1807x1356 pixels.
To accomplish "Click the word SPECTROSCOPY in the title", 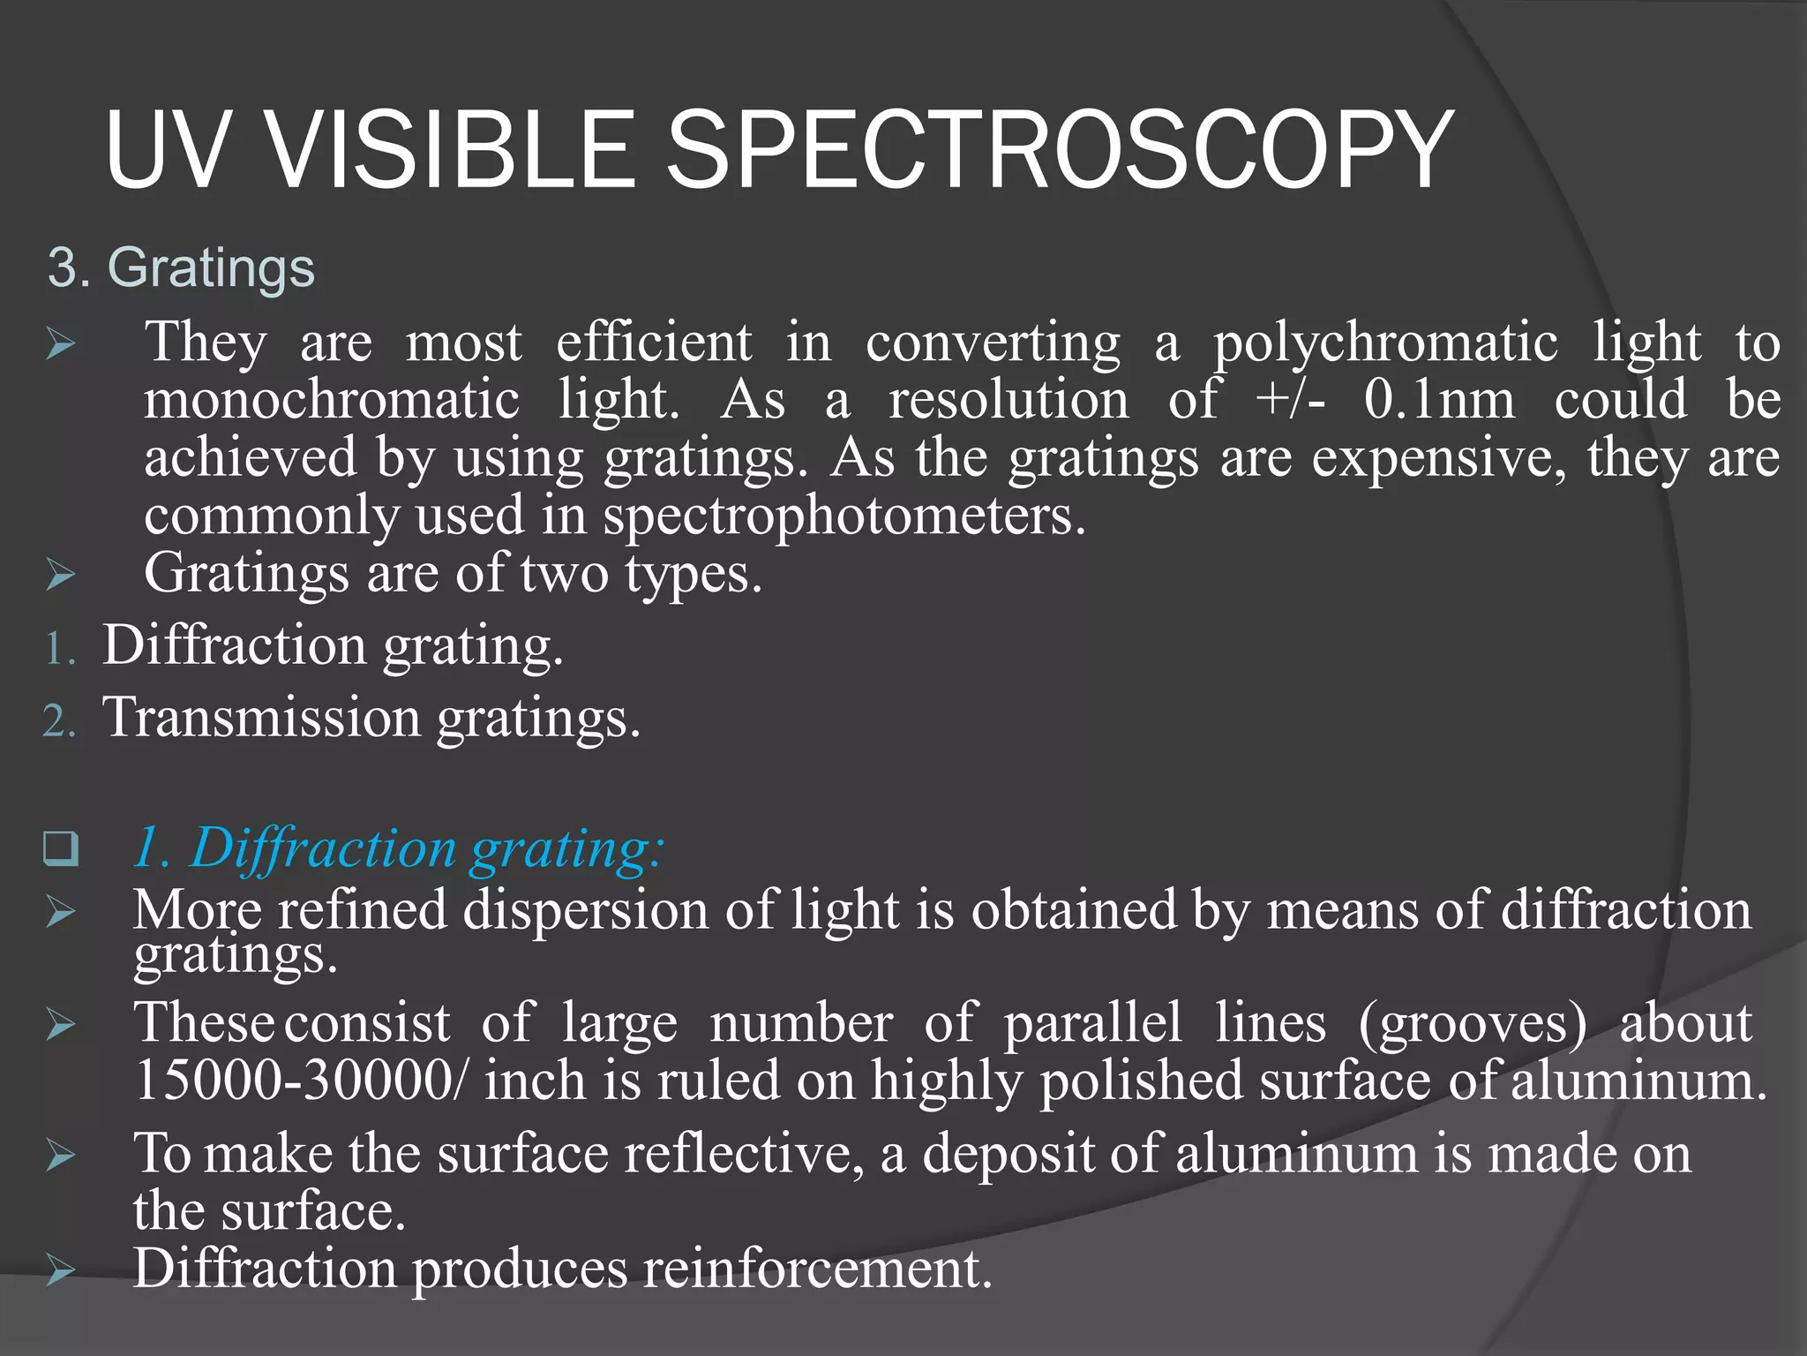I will click(1059, 150).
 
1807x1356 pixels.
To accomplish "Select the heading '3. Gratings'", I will click(181, 267).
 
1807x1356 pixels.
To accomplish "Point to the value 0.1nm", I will click(1439, 400).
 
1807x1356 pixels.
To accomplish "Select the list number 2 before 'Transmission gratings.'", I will click(58, 722).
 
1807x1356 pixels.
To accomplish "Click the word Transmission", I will click(262, 717).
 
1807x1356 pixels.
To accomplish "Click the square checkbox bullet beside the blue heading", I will click(61, 849).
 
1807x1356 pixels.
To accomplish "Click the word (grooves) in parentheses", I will click(1473, 1024).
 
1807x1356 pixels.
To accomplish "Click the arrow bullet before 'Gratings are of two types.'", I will click(61, 576).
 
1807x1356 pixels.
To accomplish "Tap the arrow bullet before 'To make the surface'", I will click(61, 1155).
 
